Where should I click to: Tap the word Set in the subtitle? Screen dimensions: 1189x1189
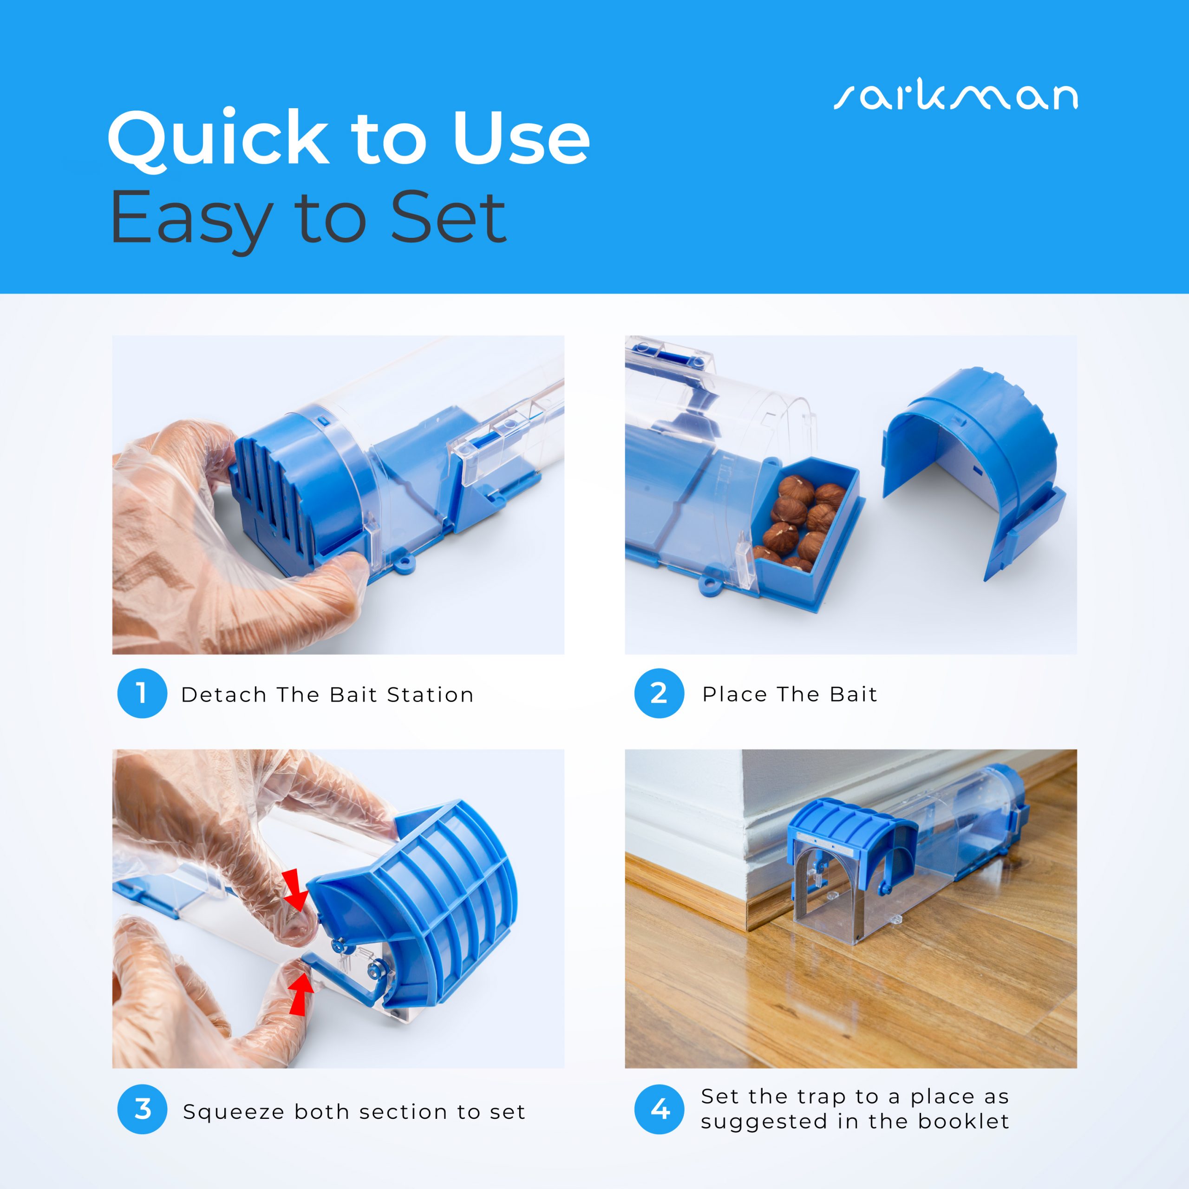pos(448,218)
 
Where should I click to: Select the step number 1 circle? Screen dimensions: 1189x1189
pos(142,693)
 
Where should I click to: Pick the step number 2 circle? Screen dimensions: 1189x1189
pos(659,693)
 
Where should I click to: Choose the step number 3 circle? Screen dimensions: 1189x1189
pos(142,1110)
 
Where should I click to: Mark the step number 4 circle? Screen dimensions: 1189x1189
pos(659,1110)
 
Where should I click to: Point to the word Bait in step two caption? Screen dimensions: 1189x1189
pos(853,694)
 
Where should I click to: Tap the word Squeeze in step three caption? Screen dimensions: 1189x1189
pos(235,1112)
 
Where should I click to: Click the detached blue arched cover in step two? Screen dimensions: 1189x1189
pos(973,468)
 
